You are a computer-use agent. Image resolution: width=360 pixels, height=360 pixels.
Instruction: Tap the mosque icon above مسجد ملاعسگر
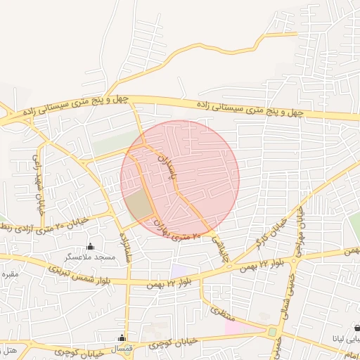point(90,246)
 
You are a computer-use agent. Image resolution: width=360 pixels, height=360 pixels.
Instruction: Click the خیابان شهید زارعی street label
point(37,175)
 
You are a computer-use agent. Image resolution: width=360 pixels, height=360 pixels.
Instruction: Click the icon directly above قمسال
point(122,338)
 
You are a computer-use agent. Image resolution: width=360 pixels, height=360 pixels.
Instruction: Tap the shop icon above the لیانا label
point(356,328)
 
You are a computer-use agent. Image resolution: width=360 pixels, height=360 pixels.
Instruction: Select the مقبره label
point(9,273)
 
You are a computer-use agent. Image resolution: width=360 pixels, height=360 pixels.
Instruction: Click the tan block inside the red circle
point(139,205)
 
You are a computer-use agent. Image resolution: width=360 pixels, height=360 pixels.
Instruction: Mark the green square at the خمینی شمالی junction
point(272,331)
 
